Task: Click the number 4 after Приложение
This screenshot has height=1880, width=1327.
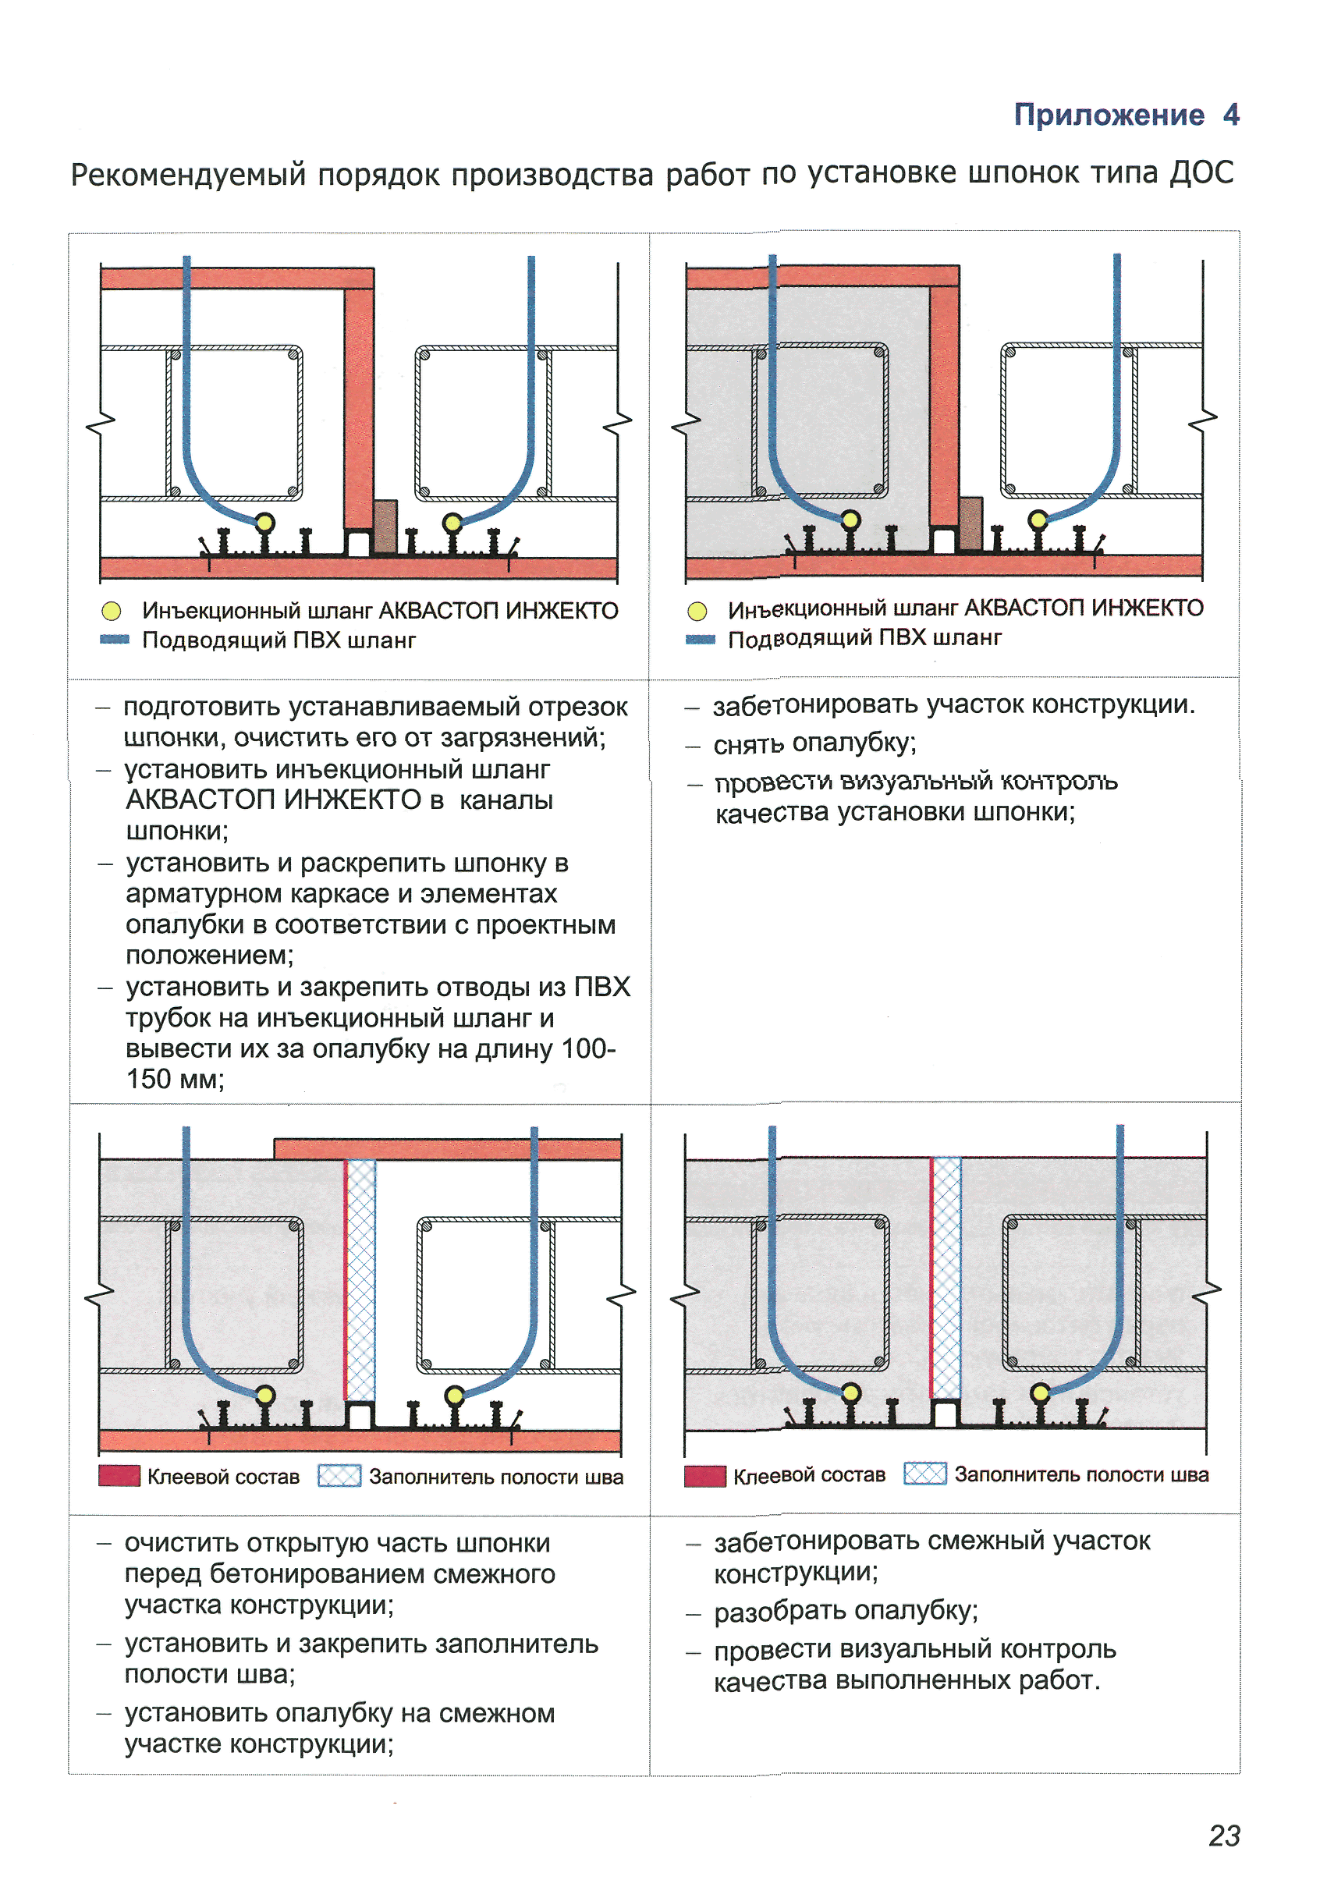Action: [x=1230, y=115]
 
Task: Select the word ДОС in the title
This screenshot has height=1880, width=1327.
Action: [x=1201, y=172]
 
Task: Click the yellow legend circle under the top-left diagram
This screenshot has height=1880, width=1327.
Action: [x=112, y=611]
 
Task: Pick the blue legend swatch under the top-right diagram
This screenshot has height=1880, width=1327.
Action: [x=700, y=639]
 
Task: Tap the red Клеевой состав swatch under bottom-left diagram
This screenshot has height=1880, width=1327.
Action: [x=119, y=1475]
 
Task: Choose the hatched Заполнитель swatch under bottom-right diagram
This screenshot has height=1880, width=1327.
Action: [x=924, y=1473]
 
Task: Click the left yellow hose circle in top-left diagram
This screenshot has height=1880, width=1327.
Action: [x=264, y=522]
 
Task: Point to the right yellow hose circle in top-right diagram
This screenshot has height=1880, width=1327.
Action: [x=1038, y=519]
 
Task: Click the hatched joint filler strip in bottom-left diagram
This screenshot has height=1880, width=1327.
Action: [x=360, y=1279]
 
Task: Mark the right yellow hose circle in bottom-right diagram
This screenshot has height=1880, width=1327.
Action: [x=1041, y=1392]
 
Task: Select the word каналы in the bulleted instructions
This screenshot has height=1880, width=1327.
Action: [x=506, y=800]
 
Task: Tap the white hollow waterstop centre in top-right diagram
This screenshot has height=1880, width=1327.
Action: [x=944, y=541]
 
